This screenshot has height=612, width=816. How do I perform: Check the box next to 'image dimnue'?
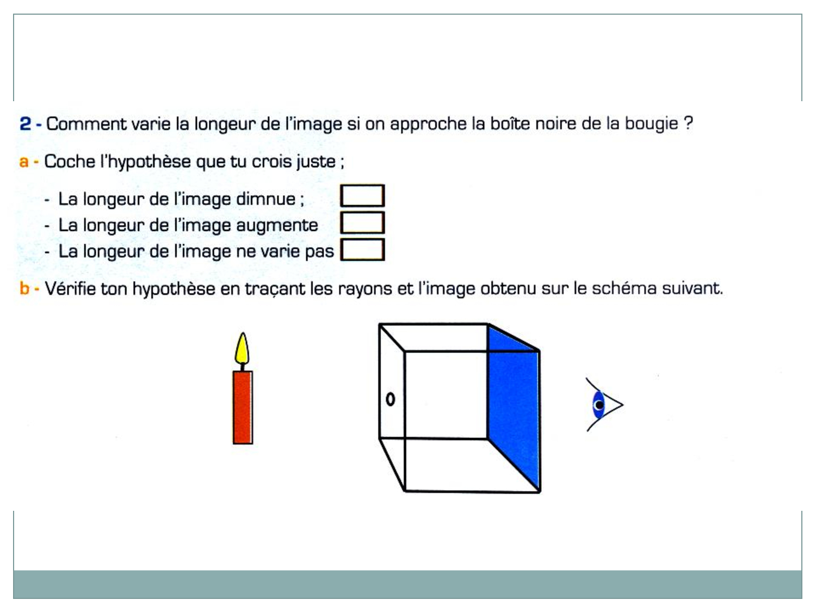(362, 196)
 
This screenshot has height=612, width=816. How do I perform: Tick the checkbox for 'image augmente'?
(362, 222)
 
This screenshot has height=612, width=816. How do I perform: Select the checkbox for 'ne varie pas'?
(362, 249)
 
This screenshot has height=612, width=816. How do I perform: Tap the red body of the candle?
(243, 407)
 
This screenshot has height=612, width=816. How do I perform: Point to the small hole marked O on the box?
(391, 399)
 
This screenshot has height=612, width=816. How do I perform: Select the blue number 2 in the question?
(25, 123)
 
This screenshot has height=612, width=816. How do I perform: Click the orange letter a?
(24, 162)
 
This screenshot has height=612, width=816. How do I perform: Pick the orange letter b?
(24, 288)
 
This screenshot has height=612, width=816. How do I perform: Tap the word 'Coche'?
(70, 161)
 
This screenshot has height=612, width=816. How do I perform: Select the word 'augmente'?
(277, 226)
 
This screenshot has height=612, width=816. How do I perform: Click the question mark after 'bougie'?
(688, 123)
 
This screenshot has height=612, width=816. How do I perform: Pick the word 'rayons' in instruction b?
(364, 289)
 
